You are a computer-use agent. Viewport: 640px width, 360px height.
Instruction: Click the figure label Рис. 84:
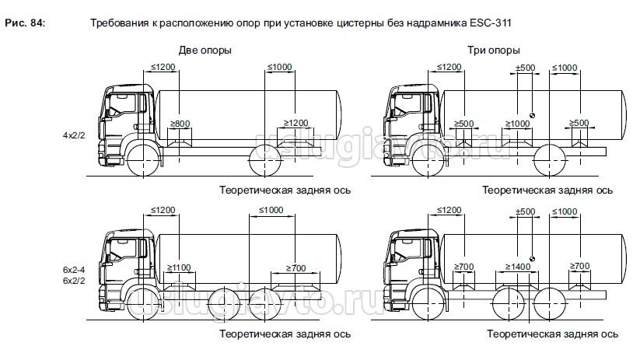click(x=24, y=23)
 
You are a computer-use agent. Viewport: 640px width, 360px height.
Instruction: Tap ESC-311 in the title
click(x=491, y=23)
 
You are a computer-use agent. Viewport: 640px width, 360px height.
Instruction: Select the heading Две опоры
click(x=205, y=50)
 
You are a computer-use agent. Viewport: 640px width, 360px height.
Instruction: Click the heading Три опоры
click(x=493, y=50)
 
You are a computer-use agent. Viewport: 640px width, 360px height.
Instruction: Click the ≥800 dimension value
click(x=180, y=123)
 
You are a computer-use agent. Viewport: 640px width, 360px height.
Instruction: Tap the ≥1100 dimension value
click(x=179, y=267)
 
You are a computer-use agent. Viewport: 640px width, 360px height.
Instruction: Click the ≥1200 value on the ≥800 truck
click(x=296, y=123)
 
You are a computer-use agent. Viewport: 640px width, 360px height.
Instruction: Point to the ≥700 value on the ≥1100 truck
click(x=296, y=267)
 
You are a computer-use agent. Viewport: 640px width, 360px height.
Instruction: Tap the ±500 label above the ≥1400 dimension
click(x=526, y=211)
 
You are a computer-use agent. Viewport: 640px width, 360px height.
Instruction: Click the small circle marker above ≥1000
click(x=532, y=114)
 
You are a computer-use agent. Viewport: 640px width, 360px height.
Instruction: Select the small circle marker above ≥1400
click(x=532, y=258)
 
